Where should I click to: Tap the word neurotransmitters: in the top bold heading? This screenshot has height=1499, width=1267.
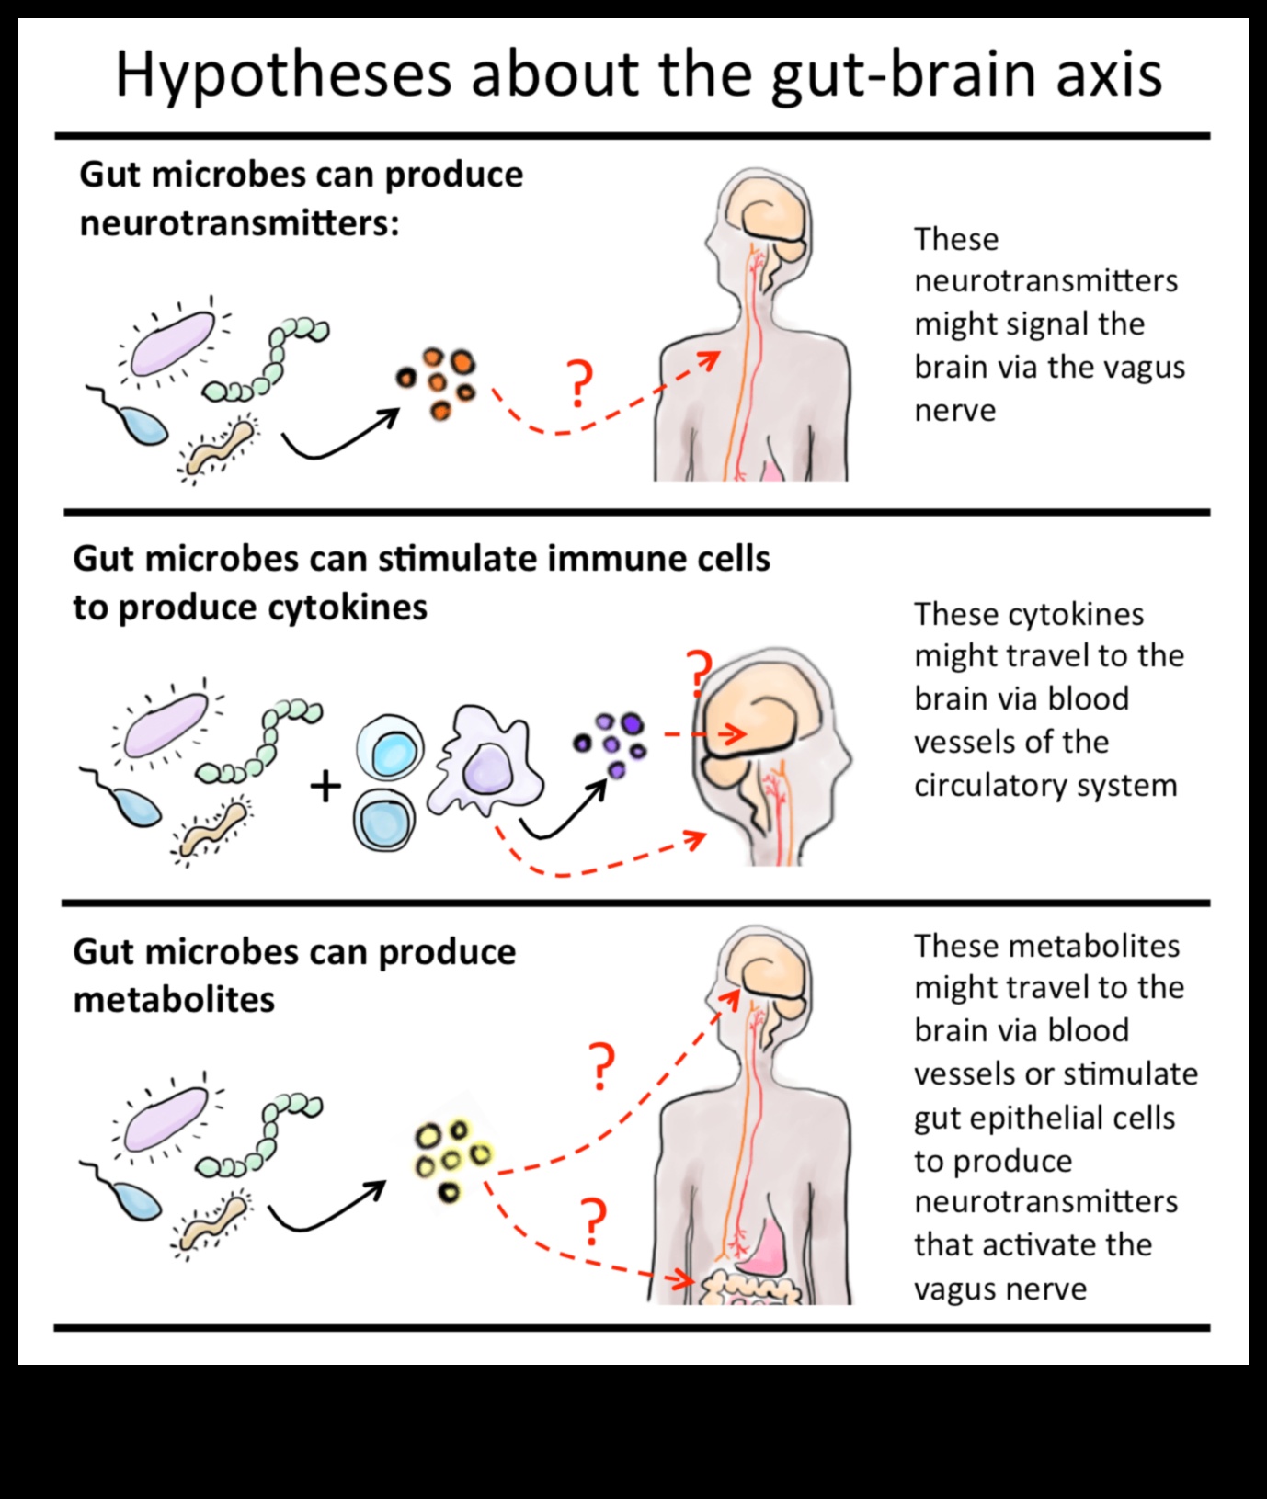pyautogui.click(x=239, y=223)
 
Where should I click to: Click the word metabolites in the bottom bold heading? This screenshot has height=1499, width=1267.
pyautogui.click(x=174, y=999)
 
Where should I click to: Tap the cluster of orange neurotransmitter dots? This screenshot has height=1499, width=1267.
pyautogui.click(x=438, y=383)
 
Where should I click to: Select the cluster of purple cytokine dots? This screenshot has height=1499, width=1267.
pyautogui.click(x=611, y=742)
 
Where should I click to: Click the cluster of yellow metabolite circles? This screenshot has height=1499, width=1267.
pyautogui.click(x=451, y=1158)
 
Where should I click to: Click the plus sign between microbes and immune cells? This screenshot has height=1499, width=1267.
pyautogui.click(x=325, y=787)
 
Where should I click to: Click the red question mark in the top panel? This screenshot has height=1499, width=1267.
pyautogui.click(x=579, y=385)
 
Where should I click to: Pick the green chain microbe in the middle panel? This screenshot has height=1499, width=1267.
pyautogui.click(x=260, y=742)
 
